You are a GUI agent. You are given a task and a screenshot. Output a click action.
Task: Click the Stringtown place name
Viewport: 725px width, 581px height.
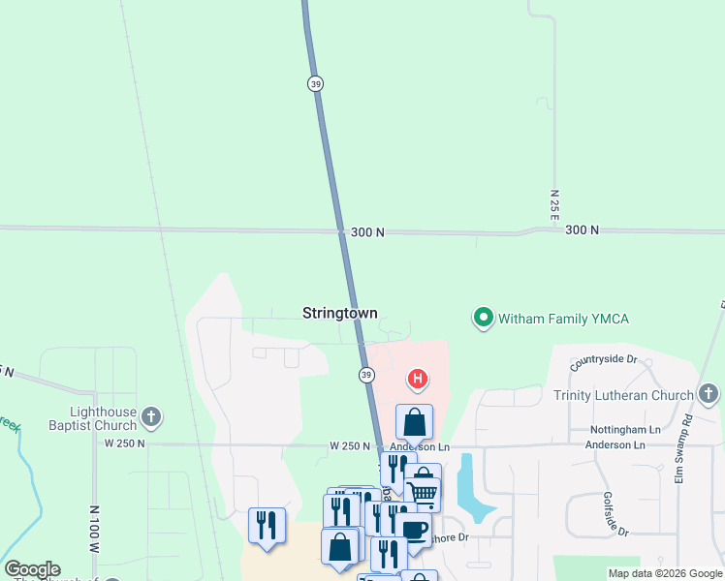point(339,314)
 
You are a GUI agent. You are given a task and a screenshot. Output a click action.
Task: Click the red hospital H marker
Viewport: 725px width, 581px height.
point(417,379)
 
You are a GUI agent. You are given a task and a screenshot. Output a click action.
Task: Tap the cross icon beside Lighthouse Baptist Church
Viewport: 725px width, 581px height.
point(150,417)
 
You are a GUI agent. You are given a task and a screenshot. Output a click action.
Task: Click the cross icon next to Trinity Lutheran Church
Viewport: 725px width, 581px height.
point(709,394)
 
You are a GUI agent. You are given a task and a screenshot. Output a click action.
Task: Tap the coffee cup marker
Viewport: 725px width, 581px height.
point(413,530)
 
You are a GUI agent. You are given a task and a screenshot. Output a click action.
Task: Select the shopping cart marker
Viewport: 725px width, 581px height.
point(423,492)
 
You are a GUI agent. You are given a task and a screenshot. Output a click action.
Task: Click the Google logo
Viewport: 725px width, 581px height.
point(32,569)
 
